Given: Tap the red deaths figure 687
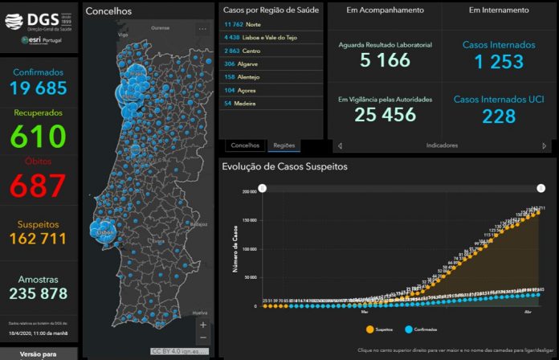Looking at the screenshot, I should tap(39, 185).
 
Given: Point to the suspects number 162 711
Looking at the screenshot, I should tap(39, 238).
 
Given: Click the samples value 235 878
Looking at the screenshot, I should tap(39, 293).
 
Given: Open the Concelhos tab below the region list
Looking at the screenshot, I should tap(245, 145).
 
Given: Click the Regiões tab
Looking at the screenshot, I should tap(284, 145).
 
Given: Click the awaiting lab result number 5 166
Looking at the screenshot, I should tap(385, 61).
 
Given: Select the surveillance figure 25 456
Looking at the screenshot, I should tap(385, 116).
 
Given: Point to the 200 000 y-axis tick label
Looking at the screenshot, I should tap(248, 193).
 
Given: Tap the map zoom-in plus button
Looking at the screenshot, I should tap(202, 325).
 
